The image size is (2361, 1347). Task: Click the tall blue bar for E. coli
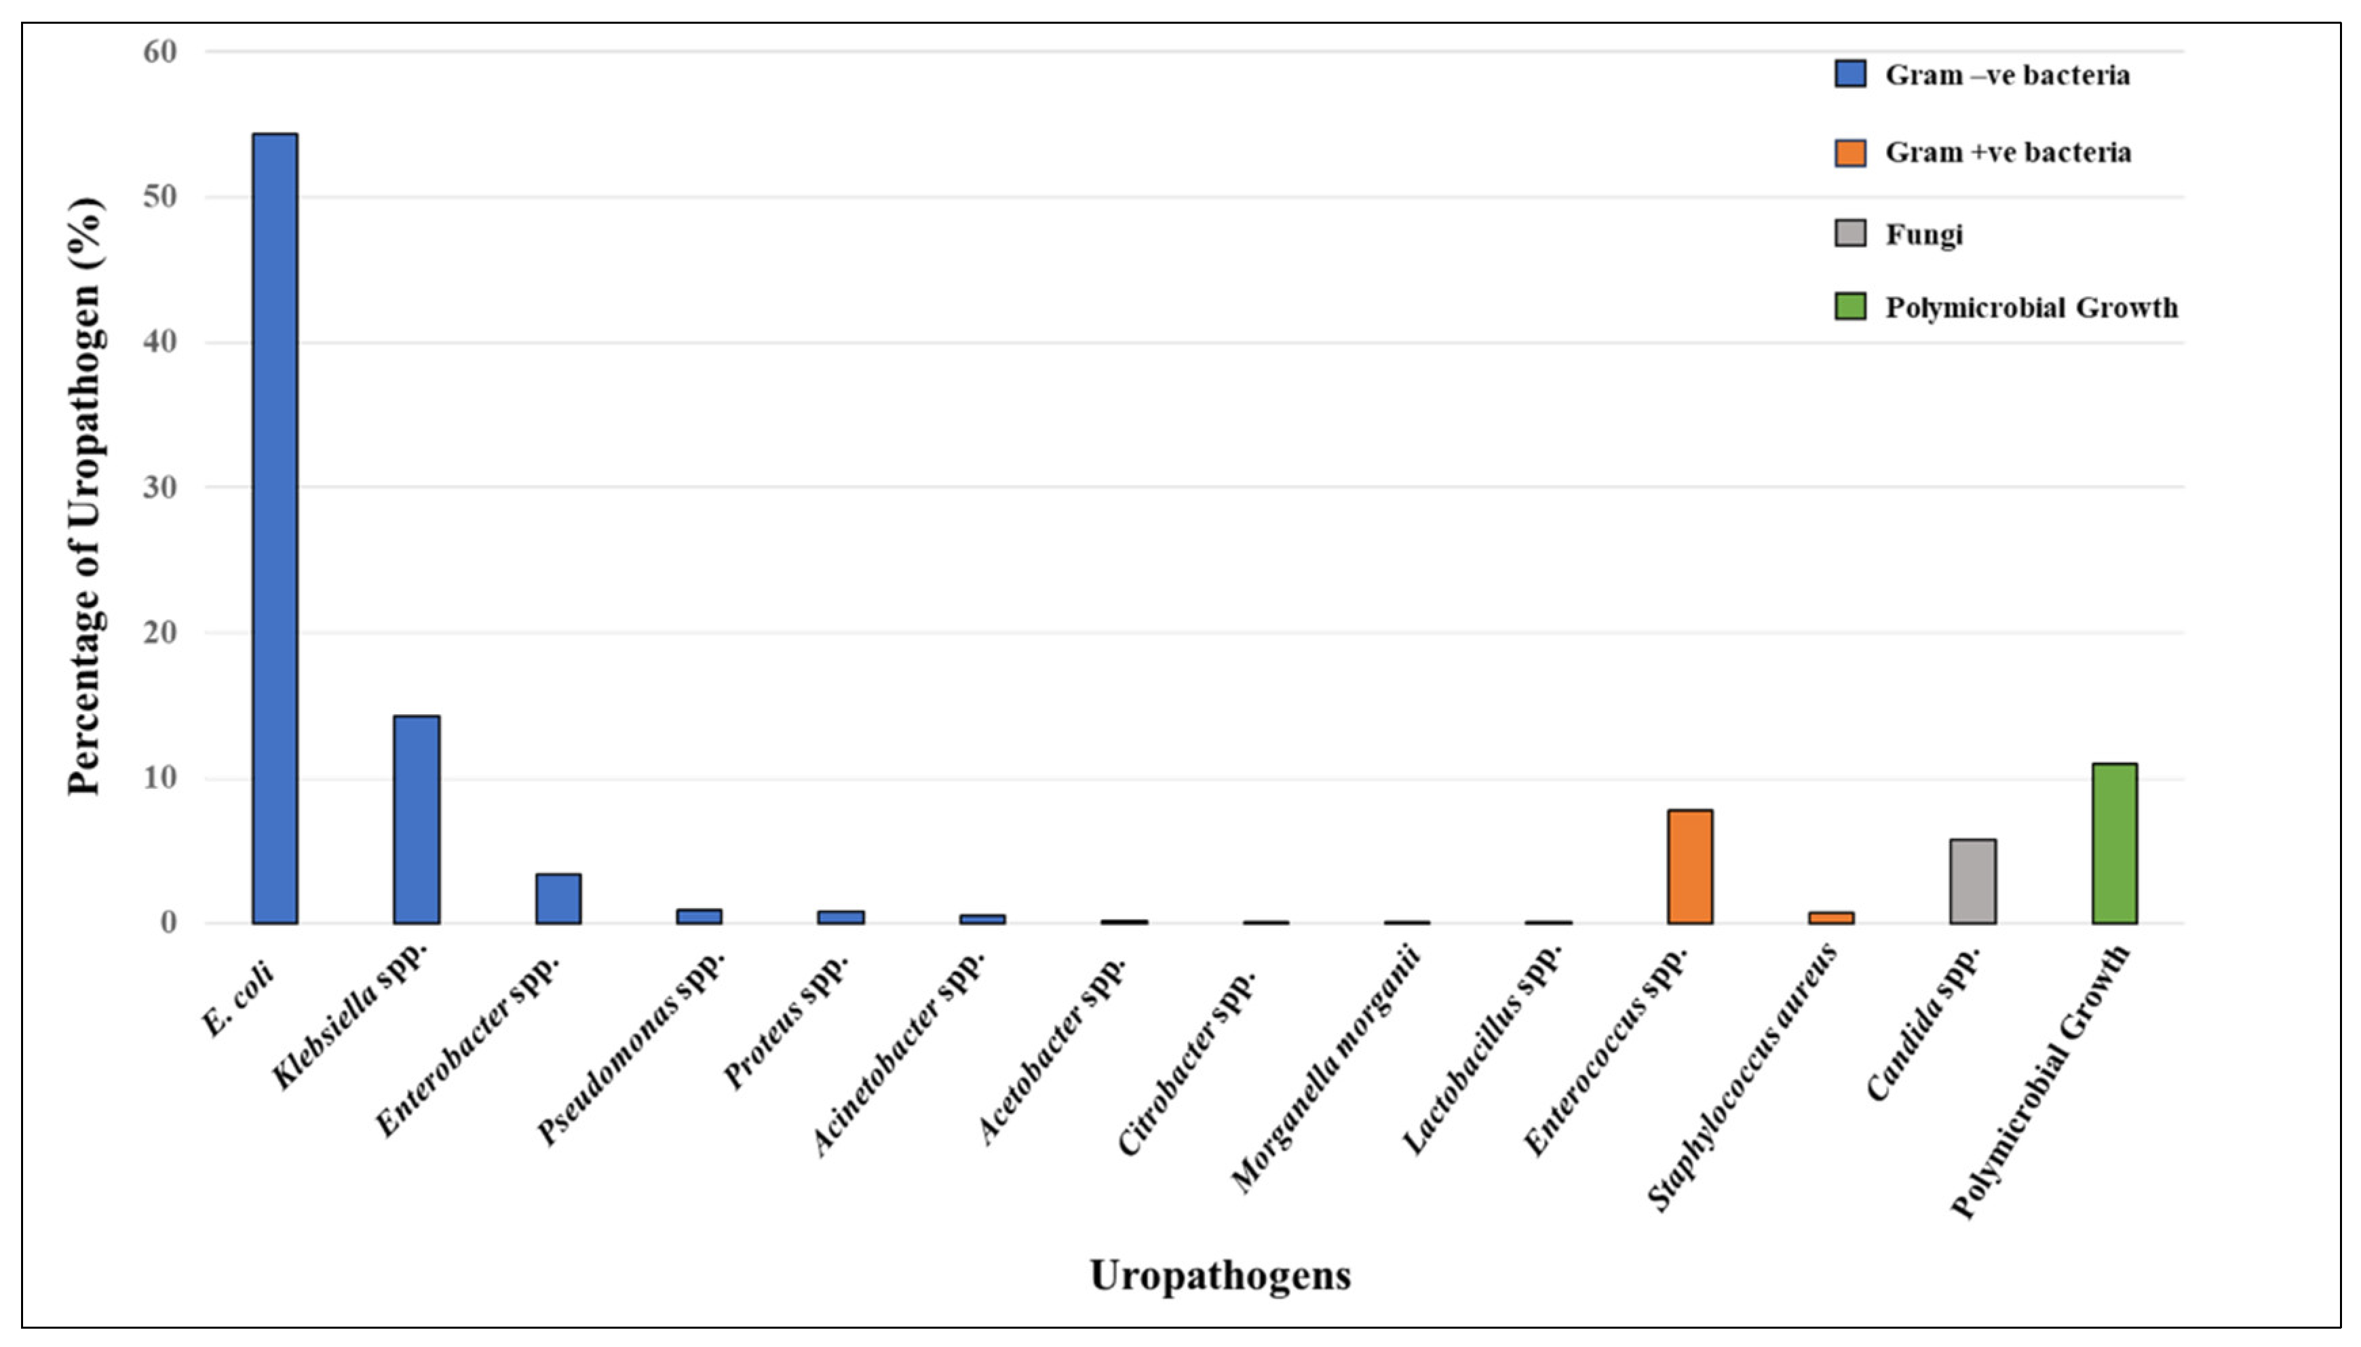[x=275, y=527]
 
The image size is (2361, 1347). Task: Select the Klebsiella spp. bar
[x=417, y=819]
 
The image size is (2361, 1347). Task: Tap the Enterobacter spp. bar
[x=558, y=898]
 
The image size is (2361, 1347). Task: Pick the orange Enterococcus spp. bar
[x=1690, y=866]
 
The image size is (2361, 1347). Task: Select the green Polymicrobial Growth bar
[x=2114, y=843]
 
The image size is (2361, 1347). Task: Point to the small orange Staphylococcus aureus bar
[x=1831, y=918]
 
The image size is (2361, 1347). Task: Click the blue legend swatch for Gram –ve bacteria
[x=1849, y=74]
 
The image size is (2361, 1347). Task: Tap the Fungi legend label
[x=1923, y=234]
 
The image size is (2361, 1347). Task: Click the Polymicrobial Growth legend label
[x=2031, y=307]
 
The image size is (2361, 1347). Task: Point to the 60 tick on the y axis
[x=160, y=52]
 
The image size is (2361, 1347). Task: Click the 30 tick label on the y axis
[x=160, y=488]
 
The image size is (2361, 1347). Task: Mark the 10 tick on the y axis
[x=160, y=778]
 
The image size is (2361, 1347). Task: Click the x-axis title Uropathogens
[x=1219, y=1276]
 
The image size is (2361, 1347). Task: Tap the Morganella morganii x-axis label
[x=1325, y=1068]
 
